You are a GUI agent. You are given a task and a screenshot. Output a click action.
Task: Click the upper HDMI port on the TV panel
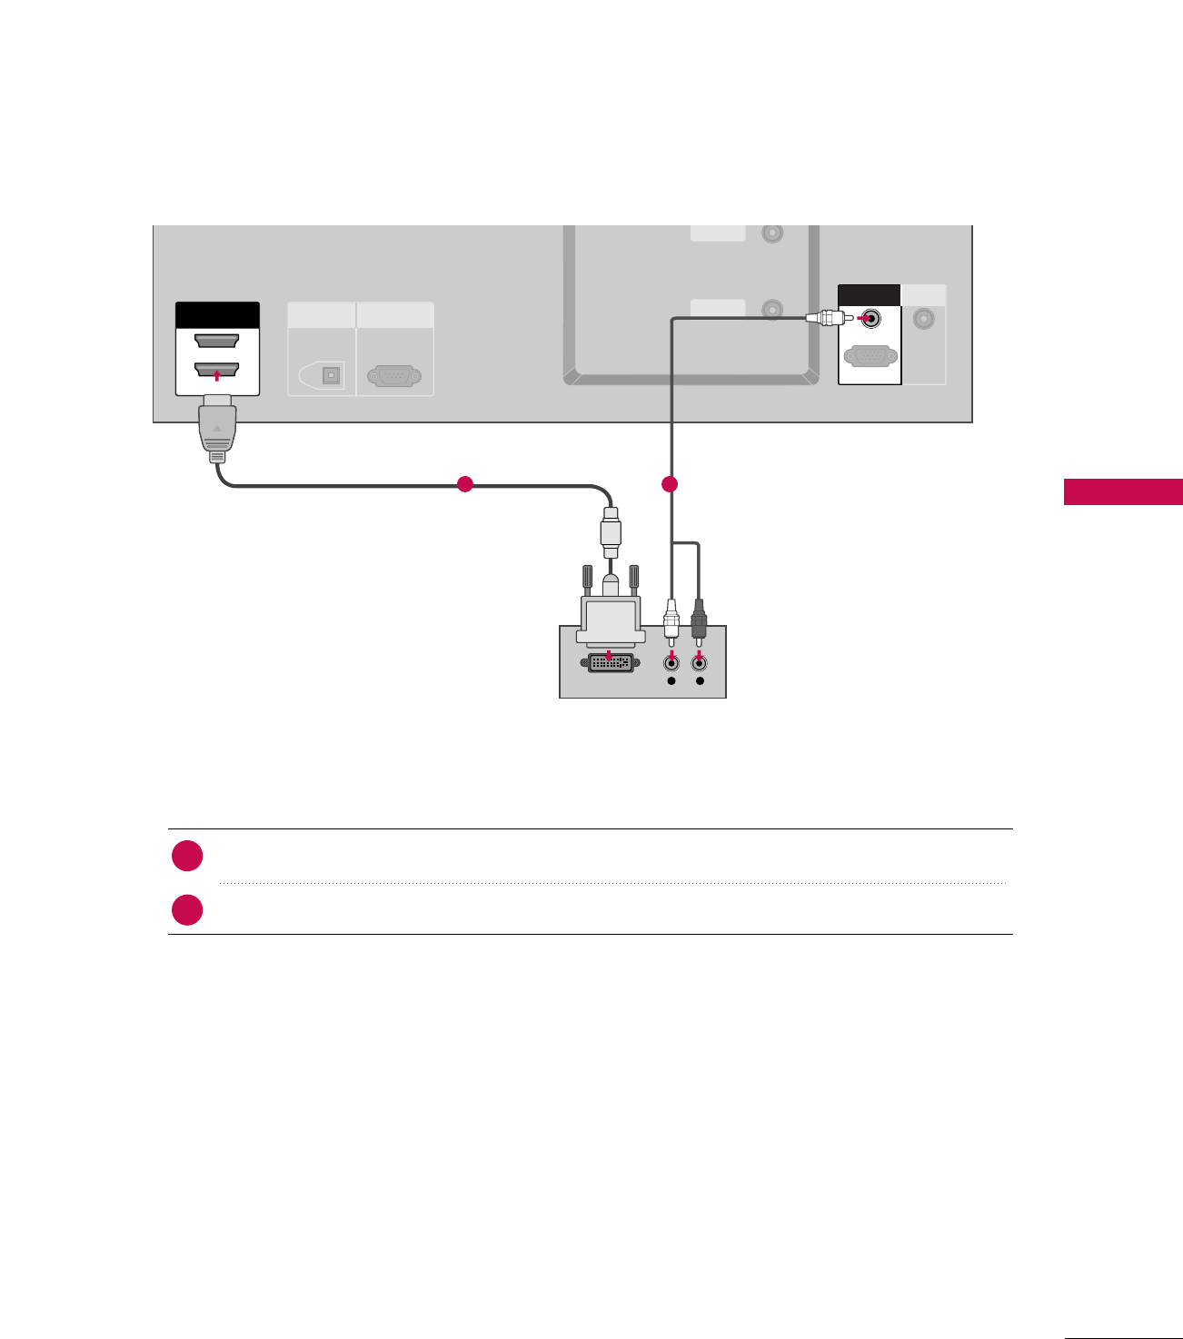(x=217, y=342)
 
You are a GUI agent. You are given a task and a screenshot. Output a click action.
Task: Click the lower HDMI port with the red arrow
(x=217, y=370)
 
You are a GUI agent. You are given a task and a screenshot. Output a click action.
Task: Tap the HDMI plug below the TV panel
(x=217, y=427)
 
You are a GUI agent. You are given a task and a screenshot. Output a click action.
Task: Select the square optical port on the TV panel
(x=331, y=375)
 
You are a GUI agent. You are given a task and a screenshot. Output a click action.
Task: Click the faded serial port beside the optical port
(x=394, y=375)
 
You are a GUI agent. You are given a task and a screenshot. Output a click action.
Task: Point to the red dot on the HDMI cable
(x=465, y=484)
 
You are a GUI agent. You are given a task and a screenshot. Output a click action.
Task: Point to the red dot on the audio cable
(x=670, y=484)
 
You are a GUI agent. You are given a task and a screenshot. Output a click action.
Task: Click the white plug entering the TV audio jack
(x=823, y=318)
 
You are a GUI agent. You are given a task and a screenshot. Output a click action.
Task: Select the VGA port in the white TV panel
(x=870, y=356)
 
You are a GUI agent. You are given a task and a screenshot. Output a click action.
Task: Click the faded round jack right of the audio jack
(x=924, y=319)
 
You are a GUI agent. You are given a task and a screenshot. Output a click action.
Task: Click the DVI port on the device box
(x=611, y=662)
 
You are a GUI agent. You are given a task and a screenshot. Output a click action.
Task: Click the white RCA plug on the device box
(x=671, y=620)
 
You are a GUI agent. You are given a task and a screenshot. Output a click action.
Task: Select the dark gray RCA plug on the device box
(x=699, y=620)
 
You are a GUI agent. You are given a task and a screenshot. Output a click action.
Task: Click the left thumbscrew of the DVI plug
(x=587, y=578)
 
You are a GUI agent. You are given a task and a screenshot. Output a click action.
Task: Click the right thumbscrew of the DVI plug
(x=634, y=578)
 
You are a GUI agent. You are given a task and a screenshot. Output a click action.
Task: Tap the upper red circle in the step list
(x=187, y=856)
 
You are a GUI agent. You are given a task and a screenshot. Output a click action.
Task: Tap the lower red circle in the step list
(x=187, y=909)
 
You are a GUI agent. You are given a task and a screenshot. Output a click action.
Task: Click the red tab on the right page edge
(x=1123, y=491)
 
